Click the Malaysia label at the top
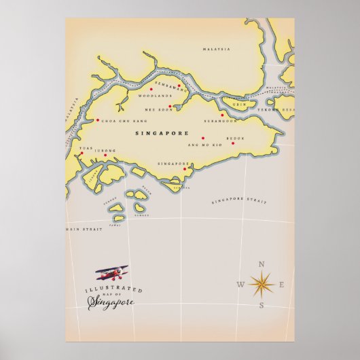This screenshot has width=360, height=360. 217,49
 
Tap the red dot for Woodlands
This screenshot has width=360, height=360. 151,89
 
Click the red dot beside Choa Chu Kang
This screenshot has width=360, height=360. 97,120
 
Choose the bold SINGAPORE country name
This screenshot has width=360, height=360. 162,133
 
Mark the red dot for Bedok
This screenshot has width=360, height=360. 232,143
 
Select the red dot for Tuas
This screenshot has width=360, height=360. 81,153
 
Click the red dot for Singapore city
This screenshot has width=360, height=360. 184,169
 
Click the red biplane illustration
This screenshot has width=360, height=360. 111,273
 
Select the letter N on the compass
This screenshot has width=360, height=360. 263,264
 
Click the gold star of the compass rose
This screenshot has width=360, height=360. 262,283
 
